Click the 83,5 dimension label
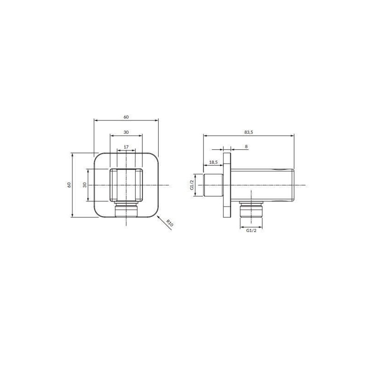tap(248, 132)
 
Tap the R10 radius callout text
tap(169, 223)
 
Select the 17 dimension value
tap(126, 147)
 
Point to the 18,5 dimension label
tap(213, 162)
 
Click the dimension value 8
tap(246, 147)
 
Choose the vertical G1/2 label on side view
tap(192, 185)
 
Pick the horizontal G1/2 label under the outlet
tap(251, 230)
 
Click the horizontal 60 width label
tap(126, 117)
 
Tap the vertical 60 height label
tap(69, 185)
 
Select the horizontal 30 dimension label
tap(126, 132)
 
